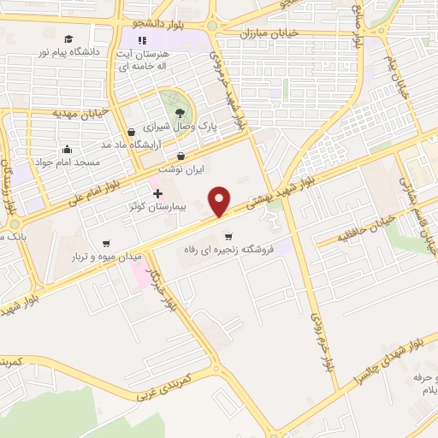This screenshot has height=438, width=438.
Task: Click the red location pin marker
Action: [220, 201]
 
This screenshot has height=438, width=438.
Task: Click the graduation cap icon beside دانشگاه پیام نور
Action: [68, 38]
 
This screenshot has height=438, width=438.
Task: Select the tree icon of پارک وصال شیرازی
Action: [179, 112]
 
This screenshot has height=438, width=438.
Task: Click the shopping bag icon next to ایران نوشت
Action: [181, 157]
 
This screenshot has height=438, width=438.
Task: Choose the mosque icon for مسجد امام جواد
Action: [68, 149]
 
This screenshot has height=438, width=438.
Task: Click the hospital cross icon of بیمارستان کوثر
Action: [157, 194]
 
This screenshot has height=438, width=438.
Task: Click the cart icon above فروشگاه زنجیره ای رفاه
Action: [228, 237]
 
